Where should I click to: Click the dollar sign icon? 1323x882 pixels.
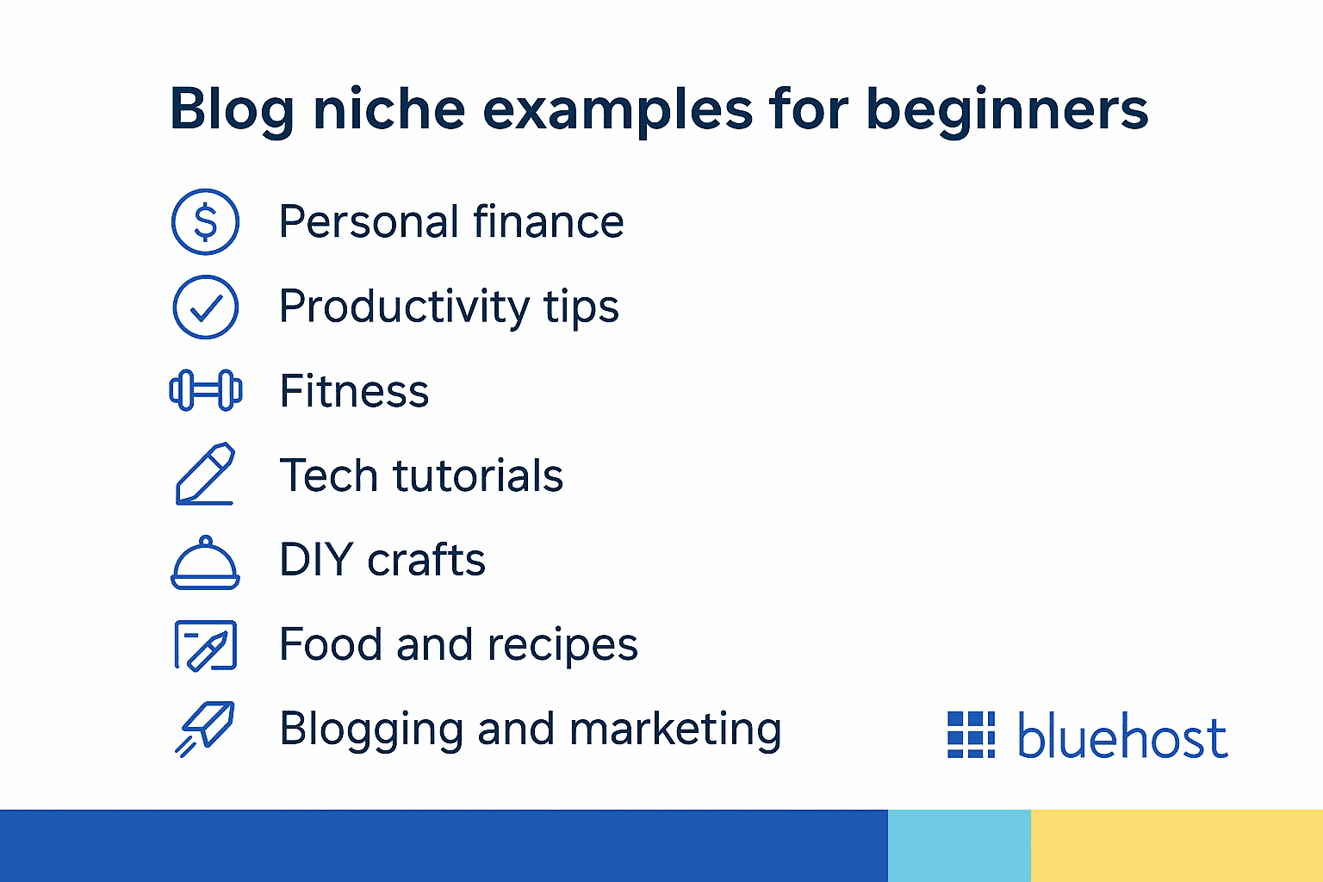coord(205,222)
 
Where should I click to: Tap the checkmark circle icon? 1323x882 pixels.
coord(205,307)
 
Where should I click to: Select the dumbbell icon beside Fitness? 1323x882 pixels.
coord(205,390)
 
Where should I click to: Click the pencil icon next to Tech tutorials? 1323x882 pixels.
coord(205,475)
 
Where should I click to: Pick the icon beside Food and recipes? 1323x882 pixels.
coord(205,645)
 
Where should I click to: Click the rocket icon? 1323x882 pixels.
coord(205,729)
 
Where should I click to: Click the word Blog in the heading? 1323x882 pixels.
coord(231,110)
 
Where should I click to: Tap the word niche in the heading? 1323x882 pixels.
coord(388,110)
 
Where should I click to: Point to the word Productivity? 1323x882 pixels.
coord(404,307)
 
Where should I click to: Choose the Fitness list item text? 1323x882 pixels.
coord(354,392)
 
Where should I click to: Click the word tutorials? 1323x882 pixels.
coord(477,475)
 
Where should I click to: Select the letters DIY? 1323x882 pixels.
coord(316,560)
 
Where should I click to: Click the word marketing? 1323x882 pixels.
coord(675,730)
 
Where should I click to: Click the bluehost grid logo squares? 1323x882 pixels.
coord(971,735)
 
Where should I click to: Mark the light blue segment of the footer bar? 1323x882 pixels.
coord(959,845)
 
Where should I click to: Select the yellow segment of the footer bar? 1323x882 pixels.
coord(1177,845)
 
